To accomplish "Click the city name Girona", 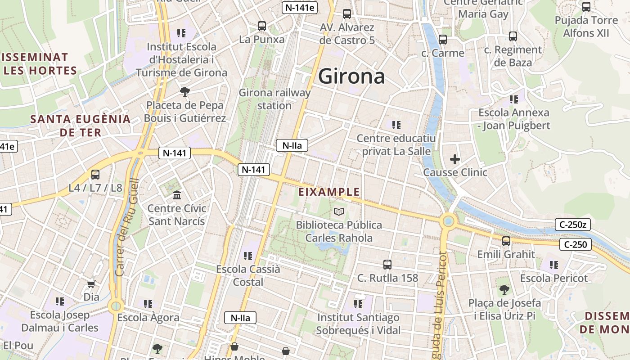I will coord(351,77).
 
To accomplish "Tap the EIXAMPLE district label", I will coord(329,192).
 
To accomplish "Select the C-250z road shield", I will coord(572,225).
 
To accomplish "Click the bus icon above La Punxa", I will coord(262,26).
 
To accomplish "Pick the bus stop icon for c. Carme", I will coord(443,40).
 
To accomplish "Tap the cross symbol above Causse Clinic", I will coord(455,159).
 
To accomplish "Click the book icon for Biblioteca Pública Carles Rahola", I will coord(339,211).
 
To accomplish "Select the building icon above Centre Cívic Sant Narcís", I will coord(177,195).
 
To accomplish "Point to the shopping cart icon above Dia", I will coord(91,284).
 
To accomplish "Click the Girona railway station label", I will coord(274,99).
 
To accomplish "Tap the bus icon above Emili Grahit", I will coord(506,241).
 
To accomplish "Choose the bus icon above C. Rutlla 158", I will coord(387,265).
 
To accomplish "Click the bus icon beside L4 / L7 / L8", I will coord(95,175).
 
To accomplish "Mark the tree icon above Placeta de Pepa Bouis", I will coord(184,92).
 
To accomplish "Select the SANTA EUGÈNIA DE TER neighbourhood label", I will coord(80,126).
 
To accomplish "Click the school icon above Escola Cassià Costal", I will coord(248,256).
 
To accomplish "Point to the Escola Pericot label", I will coord(554,278).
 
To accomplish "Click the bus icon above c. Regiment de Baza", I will coord(513,36).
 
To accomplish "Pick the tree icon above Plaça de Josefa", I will coord(504,289).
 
